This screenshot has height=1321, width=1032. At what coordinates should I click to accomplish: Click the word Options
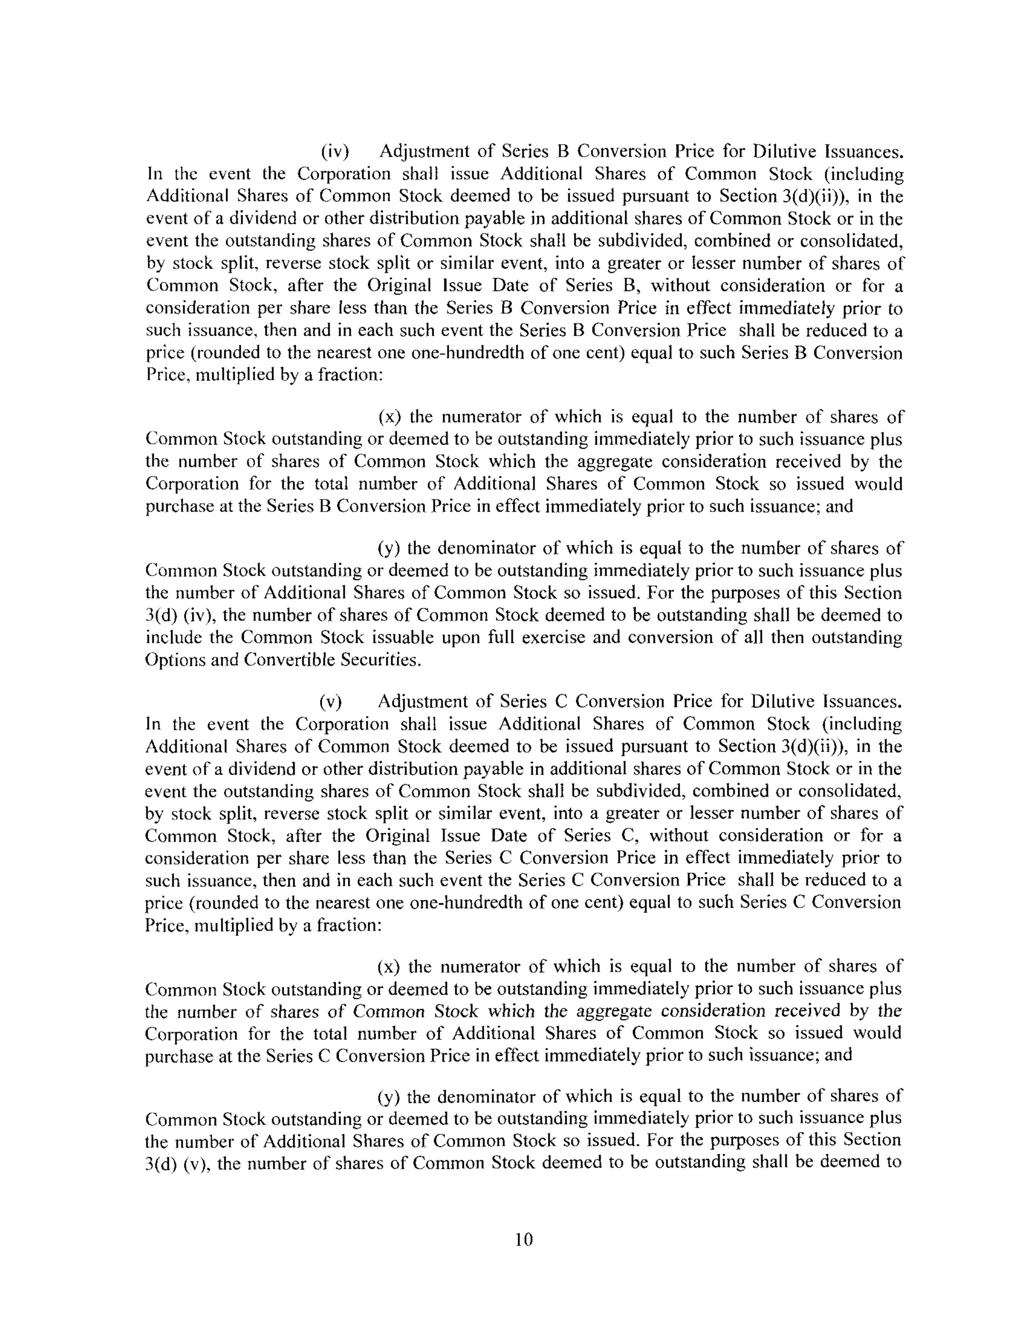171,660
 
